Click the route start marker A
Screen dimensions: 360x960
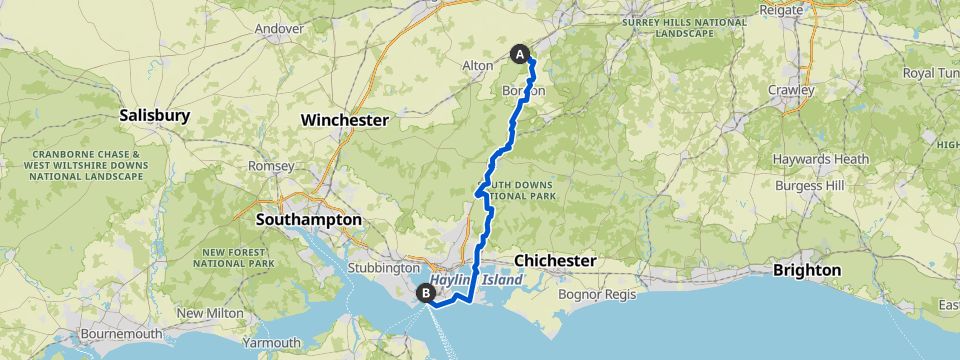(520, 53)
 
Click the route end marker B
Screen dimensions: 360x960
(426, 293)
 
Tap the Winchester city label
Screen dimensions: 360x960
(344, 120)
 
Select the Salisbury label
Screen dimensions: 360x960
(154, 115)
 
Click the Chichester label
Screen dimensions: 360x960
(555, 260)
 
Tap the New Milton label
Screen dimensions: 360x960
(205, 313)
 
